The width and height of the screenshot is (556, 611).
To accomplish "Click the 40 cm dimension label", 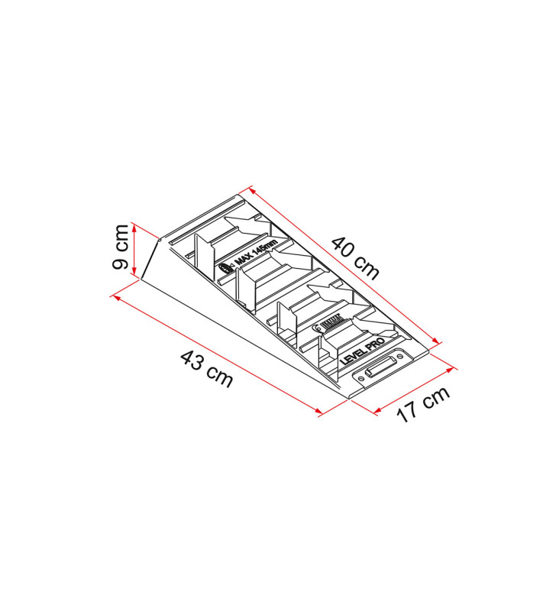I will coord(355,257).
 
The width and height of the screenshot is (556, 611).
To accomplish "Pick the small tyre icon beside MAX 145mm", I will coord(225,269).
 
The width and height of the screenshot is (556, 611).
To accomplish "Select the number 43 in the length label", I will coord(191,362).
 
